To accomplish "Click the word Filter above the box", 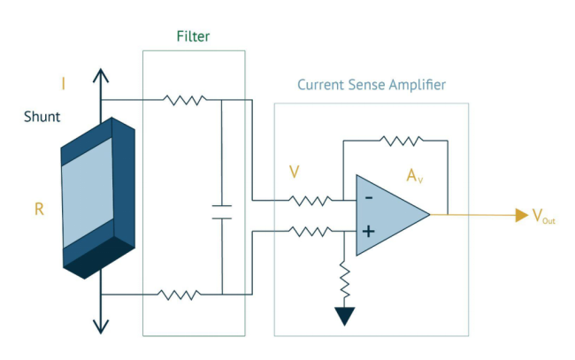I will (193, 36).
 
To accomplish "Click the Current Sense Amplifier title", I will (372, 86).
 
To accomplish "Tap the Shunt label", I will (42, 116).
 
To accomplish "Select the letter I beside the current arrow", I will (63, 84).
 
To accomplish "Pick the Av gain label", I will (415, 176).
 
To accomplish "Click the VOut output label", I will (543, 217).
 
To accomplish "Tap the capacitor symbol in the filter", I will (222, 212).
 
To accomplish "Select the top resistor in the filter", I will (185, 100).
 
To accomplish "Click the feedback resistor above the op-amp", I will (401, 139).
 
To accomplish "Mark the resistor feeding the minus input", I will (310, 201).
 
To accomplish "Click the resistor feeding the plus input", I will (310, 232).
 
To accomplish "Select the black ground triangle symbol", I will (344, 317).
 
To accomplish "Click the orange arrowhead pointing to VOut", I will (522, 214).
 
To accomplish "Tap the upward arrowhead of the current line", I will (102, 75).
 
